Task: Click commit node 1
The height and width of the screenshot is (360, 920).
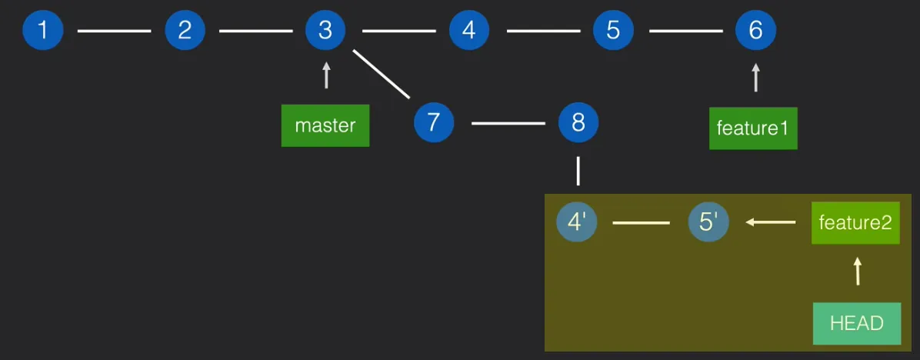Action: (42, 31)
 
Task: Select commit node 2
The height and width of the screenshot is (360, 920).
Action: (185, 31)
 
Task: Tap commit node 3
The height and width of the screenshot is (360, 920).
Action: (325, 31)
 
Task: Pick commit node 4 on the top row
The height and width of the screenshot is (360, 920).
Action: (469, 31)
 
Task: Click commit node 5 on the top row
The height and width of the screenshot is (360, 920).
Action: (613, 31)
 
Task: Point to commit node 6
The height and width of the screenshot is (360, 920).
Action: (755, 31)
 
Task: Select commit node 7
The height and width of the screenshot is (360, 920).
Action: (434, 122)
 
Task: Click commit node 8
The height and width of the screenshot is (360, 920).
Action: (578, 122)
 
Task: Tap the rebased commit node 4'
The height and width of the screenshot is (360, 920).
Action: (577, 222)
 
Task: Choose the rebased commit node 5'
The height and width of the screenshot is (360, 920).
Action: (708, 222)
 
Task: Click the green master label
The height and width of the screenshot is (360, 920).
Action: (325, 125)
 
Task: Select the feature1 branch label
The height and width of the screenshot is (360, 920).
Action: (753, 128)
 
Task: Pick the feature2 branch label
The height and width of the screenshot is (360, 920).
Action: (855, 223)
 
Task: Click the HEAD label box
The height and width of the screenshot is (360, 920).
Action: (857, 323)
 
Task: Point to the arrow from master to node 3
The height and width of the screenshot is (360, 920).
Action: (326, 76)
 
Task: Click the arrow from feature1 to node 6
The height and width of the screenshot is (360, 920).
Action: (755, 78)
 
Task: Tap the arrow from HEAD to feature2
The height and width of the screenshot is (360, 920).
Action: (858, 272)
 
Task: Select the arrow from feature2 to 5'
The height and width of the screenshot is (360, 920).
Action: (771, 222)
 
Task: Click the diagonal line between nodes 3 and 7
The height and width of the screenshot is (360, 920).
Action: (382, 75)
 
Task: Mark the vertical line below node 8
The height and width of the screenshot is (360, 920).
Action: (578, 171)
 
